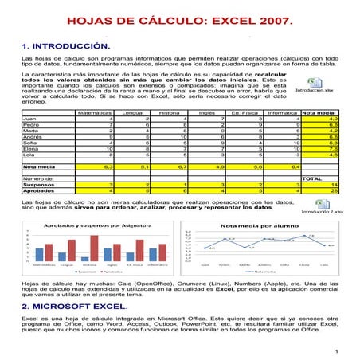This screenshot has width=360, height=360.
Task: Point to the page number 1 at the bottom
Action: click(x=338, y=351)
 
